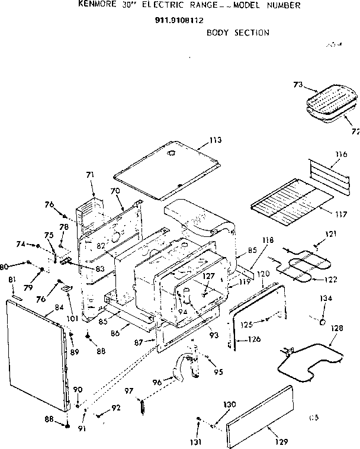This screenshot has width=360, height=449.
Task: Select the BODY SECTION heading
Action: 237,33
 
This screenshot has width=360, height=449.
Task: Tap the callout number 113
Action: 215,140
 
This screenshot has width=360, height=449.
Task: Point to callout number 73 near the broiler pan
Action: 298,85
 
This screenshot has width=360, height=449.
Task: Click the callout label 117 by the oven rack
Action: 340,214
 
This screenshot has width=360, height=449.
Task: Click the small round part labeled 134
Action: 323,322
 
